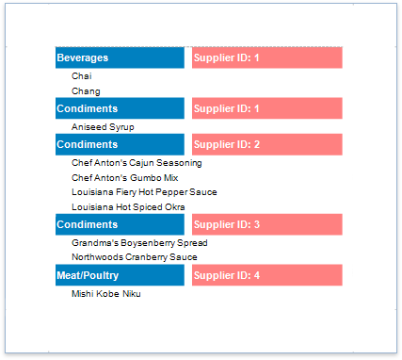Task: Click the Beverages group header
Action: [83, 57]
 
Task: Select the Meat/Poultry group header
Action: [88, 275]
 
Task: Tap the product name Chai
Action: [82, 76]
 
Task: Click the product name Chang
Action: [86, 91]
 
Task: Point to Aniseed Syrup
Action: [103, 126]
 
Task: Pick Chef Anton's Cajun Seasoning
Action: [137, 162]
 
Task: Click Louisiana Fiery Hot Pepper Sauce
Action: [144, 192]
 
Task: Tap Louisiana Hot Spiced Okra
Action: [128, 207]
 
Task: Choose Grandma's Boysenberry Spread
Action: [139, 242]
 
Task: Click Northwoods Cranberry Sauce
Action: [135, 256]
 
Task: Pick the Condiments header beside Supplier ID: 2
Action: [88, 145]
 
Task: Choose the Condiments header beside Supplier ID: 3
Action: [88, 225]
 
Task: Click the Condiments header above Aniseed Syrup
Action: [88, 108]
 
